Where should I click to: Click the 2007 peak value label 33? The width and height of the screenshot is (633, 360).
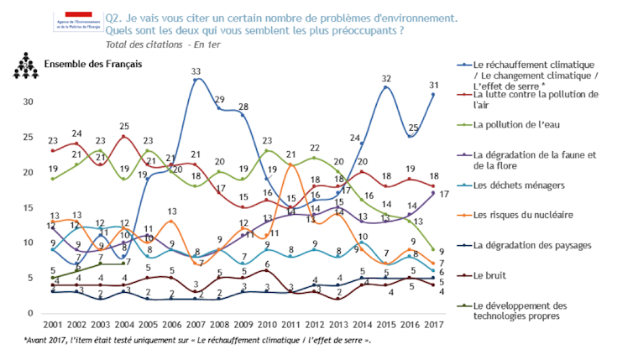pyautogui.click(x=196, y=72)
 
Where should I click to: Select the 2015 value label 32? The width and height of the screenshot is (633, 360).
pyautogui.click(x=387, y=79)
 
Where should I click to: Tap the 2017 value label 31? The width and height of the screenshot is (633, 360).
pyautogui.click(x=433, y=86)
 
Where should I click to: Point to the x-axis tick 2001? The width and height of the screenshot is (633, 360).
pyautogui.click(x=52, y=324)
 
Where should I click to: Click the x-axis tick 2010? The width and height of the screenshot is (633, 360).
pyautogui.click(x=267, y=324)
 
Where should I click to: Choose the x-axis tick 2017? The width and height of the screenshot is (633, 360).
pyautogui.click(x=433, y=324)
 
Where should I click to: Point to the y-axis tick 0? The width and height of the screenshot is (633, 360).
pyautogui.click(x=30, y=313)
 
